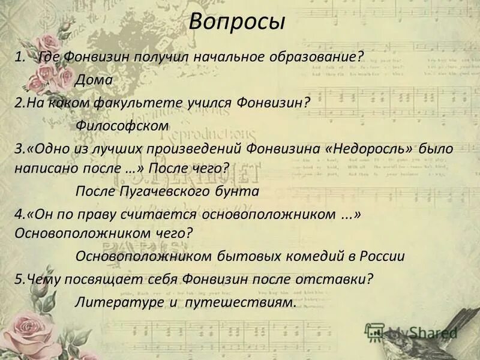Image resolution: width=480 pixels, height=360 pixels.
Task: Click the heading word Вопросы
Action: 237,22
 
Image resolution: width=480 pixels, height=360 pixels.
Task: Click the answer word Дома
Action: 94,79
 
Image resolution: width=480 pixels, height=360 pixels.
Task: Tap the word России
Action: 382,256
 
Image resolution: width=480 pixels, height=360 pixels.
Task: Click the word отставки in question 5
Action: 341,279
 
